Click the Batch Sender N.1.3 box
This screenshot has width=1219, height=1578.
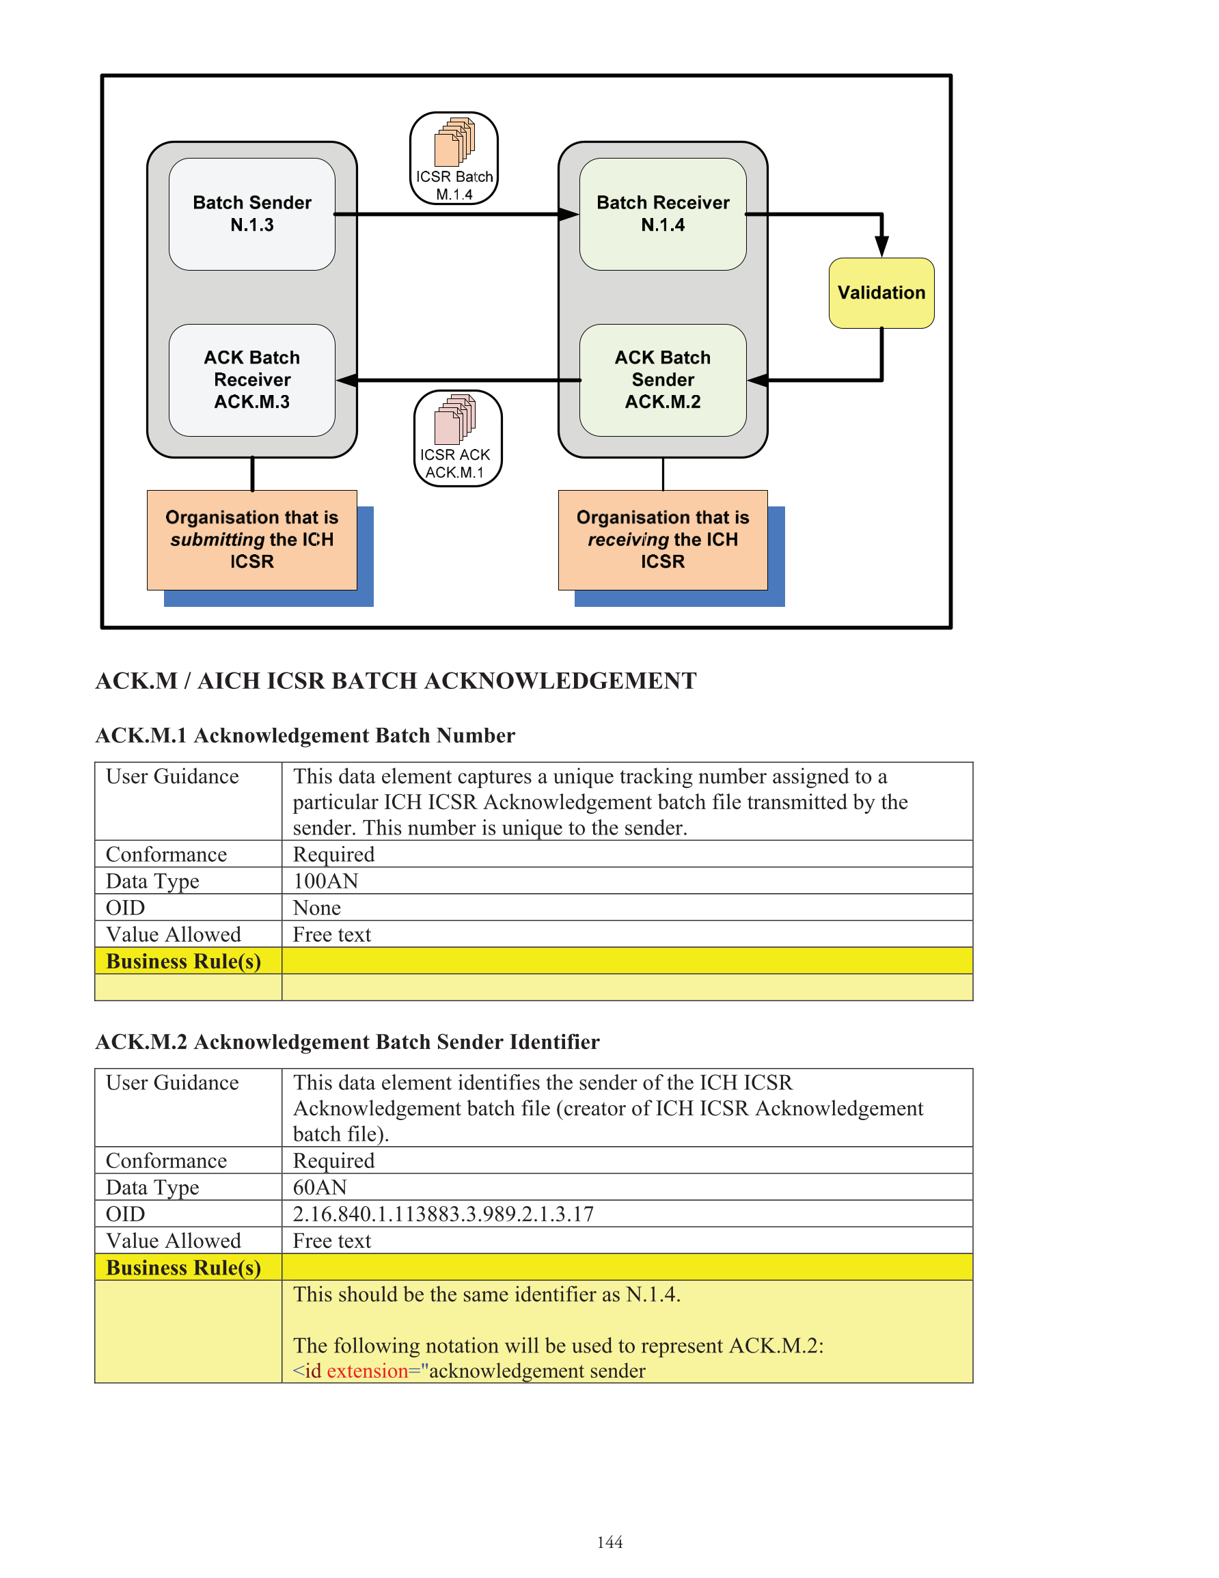pyautogui.click(x=251, y=214)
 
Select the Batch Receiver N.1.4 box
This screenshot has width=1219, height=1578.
pyautogui.click(x=663, y=214)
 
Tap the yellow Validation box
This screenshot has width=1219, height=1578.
pyautogui.click(x=881, y=293)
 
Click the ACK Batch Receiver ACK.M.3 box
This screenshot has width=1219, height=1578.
pyautogui.click(x=251, y=380)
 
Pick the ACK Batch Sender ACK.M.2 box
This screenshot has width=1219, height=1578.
pyautogui.click(x=663, y=380)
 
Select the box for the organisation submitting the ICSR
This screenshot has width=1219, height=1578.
pyautogui.click(x=251, y=540)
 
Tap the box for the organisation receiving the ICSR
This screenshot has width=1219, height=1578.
pyautogui.click(x=663, y=540)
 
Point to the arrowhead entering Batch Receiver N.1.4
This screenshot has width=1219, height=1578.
pyautogui.click(x=569, y=214)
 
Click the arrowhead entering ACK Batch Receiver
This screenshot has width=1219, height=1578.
pyautogui.click(x=347, y=380)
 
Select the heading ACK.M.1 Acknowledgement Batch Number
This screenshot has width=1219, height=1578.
pyautogui.click(x=305, y=735)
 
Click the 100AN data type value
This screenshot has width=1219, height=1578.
pyautogui.click(x=325, y=881)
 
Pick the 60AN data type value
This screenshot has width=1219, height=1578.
pyautogui.click(x=319, y=1187)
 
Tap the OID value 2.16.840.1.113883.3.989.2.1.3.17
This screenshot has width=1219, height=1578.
pyautogui.click(x=443, y=1214)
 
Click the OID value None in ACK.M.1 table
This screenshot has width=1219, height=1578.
pyautogui.click(x=316, y=908)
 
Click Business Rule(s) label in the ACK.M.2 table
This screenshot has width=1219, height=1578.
pyautogui.click(x=184, y=1267)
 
